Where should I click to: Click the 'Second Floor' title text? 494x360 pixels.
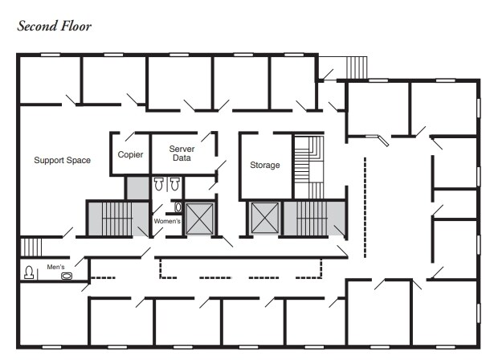55,26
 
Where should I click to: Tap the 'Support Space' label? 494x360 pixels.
62,160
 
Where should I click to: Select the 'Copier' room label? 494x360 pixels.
130,154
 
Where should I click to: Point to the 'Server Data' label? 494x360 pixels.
182,153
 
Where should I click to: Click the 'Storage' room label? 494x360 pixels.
264,165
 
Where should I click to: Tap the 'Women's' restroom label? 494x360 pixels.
167,221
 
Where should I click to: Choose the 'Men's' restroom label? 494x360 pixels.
55,267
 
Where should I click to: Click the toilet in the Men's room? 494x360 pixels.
30,272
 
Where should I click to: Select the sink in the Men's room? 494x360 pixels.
67,276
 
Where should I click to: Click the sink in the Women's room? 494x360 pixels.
178,207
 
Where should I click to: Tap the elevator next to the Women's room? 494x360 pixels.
198,219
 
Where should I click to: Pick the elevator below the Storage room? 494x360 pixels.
263,219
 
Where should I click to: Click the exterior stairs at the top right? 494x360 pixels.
355,67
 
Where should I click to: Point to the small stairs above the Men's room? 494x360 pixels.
30,246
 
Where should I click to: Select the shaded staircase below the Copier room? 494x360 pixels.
111,218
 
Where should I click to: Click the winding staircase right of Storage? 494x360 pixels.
306,165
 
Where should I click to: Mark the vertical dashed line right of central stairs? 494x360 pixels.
366,205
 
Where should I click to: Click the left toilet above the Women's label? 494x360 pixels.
158,184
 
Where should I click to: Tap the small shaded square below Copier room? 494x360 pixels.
137,187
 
